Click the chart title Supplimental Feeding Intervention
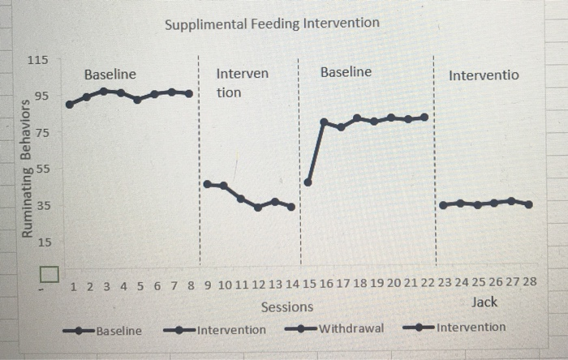272,23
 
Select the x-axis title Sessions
286,306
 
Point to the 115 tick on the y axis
38,61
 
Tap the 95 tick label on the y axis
41,96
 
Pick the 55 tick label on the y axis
41,169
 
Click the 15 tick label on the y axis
41,242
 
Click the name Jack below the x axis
484,302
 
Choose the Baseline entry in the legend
118,330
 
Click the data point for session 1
70,104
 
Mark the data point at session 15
308,182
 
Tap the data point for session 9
207,184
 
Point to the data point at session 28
529,204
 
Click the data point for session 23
443,205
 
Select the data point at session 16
324,122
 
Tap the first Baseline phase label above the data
110,75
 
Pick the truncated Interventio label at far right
484,75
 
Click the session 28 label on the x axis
529,283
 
